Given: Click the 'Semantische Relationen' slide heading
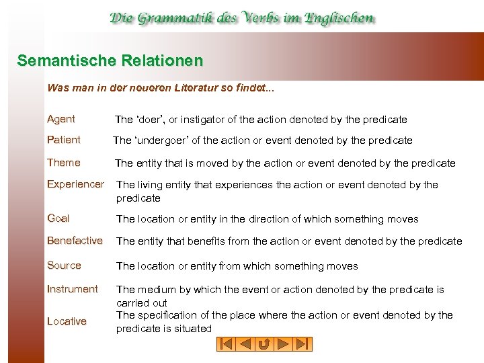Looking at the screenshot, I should click(x=110, y=61).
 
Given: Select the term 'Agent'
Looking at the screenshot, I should click(x=61, y=119).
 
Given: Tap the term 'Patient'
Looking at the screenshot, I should click(x=64, y=140).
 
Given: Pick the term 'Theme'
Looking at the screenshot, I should click(x=64, y=163).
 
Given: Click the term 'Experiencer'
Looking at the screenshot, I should click(x=75, y=184).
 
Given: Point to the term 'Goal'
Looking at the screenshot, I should click(x=58, y=218).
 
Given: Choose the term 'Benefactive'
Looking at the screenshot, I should click(x=75, y=241).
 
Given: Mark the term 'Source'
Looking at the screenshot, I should click(x=64, y=266).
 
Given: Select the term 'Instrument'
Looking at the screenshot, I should click(x=73, y=289).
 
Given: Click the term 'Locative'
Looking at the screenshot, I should click(x=67, y=321).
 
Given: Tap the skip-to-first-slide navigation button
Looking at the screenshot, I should click(x=226, y=344).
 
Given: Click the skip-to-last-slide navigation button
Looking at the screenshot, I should click(x=303, y=344).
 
